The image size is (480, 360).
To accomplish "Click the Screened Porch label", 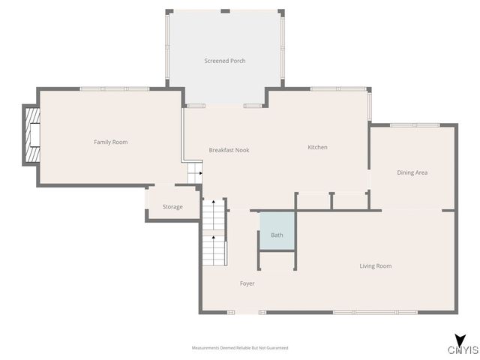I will click(225, 61).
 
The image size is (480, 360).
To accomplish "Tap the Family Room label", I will click(110, 142).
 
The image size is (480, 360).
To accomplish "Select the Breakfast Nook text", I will click(229, 150).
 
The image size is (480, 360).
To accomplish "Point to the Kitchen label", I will click(317, 147).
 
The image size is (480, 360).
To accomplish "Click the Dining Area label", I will click(412, 172).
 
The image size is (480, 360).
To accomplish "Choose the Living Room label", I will click(375, 265).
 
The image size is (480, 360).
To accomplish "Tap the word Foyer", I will click(247, 283).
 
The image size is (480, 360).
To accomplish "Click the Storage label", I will click(172, 206).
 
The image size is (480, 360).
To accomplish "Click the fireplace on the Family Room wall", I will click(31, 136).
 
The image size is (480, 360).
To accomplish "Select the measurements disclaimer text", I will click(240, 348).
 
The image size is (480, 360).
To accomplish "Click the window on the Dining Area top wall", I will click(415, 124).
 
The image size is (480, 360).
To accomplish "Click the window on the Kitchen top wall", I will click(333, 89).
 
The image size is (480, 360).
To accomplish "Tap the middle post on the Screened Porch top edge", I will click(225, 11).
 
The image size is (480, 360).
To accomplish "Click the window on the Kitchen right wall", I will click(369, 106).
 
